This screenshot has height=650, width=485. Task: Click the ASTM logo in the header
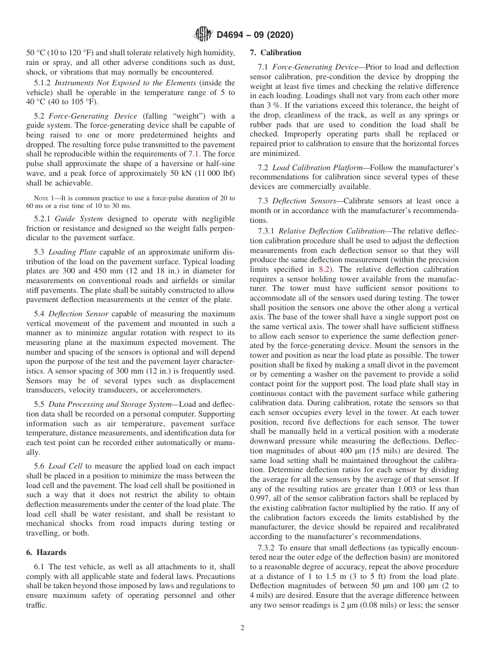pos(204,35)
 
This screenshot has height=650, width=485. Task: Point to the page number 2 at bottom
pos(243,628)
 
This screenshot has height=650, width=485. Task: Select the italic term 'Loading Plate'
pos(76,252)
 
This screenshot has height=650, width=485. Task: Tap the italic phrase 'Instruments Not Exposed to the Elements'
pos(125,83)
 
